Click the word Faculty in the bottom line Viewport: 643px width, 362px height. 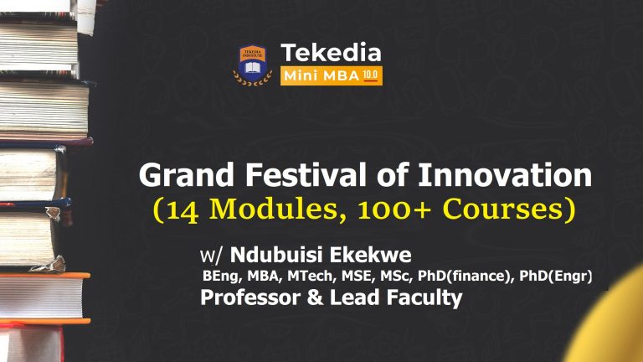tap(422, 297)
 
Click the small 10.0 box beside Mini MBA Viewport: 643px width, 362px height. tap(372, 75)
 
